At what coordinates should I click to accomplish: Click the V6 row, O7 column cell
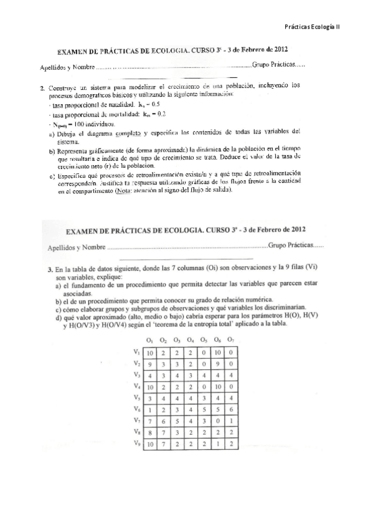pos(232,409)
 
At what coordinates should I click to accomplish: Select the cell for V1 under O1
pos(150,352)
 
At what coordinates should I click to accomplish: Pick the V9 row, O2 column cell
pos(164,444)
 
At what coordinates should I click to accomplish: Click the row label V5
pos(138,398)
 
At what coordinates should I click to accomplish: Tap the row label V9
pos(138,444)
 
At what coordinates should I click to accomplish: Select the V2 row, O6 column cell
pos(218,364)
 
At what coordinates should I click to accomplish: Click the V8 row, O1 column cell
pos(150,432)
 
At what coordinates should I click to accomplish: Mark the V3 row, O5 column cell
pos(204,375)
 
